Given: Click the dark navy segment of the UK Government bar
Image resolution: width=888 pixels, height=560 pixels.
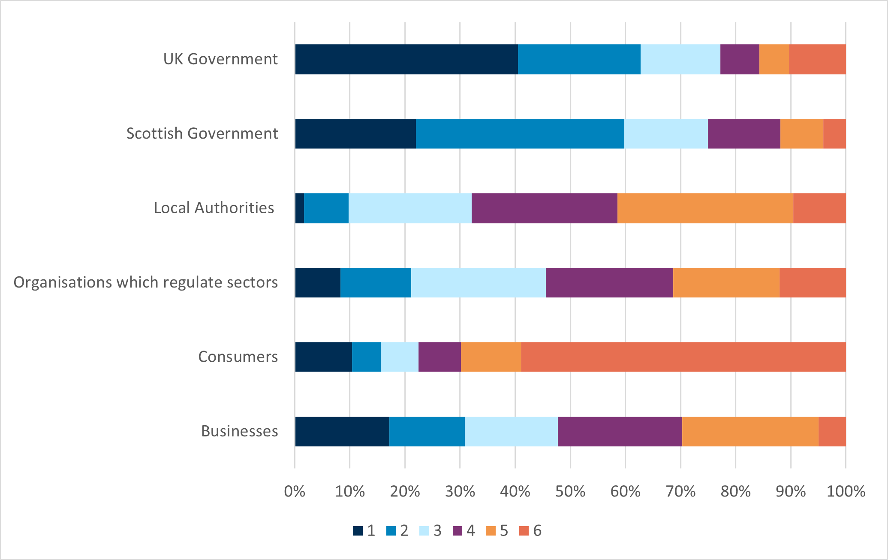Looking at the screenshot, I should coord(406,59).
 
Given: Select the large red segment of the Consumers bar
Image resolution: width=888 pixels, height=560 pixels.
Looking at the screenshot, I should coord(683,357).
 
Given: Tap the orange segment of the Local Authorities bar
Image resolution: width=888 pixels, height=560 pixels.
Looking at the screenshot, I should coord(705,208).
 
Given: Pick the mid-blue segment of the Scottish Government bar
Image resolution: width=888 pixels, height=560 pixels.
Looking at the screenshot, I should coord(520,134).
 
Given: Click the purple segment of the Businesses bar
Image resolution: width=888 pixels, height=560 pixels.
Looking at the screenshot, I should coord(620,431).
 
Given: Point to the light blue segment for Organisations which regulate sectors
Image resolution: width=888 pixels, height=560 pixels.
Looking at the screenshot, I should coord(478,282).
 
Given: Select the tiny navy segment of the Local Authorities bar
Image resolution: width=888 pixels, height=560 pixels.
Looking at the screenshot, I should coord(299,208).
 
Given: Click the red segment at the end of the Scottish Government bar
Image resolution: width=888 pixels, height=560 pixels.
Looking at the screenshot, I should coord(834,134).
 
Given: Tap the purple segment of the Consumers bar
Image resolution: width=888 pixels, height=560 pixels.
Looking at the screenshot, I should coord(439,357).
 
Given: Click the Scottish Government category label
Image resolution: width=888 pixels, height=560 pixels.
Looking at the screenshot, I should coord(202,133).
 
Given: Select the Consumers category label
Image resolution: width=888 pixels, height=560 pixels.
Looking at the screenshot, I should coord(238,357).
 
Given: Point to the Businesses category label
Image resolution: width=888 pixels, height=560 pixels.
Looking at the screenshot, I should coord(239,431).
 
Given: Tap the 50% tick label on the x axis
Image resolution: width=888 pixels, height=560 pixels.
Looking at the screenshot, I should coord(570,491).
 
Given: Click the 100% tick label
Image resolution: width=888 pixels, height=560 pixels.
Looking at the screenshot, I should coord(846,491).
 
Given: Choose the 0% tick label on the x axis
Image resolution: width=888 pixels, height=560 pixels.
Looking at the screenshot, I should coord(295,491).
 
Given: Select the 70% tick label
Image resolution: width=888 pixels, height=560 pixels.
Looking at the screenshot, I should coord(680,491).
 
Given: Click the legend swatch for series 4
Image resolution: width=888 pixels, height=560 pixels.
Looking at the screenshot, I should coord(458,531).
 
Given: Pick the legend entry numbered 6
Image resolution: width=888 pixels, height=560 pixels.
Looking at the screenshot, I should coord(531,531).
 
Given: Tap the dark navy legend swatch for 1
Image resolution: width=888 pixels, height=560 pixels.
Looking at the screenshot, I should coord(358,531).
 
